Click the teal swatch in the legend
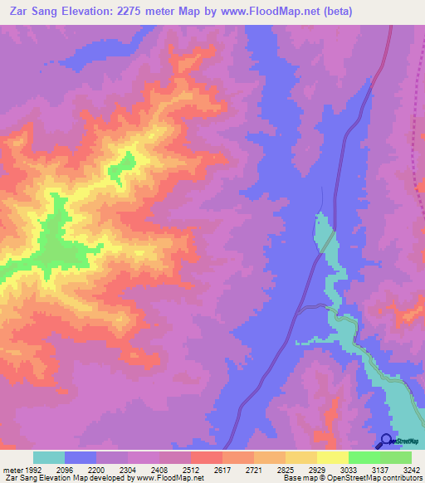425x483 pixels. [49, 457]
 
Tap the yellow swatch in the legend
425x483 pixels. [332, 457]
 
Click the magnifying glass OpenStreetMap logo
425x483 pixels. [386, 441]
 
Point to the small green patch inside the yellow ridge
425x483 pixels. [125, 163]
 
